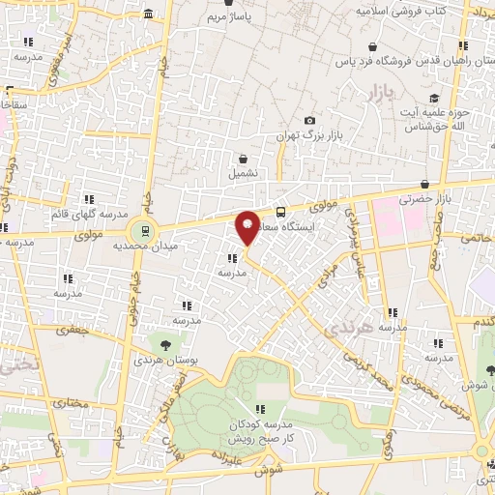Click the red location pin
(x=247, y=227)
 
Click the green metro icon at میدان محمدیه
(x=142, y=230)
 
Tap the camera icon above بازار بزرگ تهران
(x=309, y=121)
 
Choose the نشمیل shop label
(x=243, y=174)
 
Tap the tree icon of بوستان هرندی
(x=165, y=343)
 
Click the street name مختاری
(x=68, y=398)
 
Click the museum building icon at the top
(x=148, y=14)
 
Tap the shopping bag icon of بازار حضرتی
(x=424, y=184)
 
